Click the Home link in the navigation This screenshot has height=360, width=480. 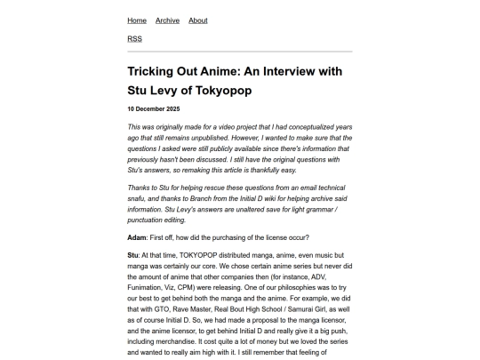point(137,20)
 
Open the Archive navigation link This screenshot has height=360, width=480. point(167,20)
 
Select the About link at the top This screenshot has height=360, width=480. point(198,20)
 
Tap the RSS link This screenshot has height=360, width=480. point(134,39)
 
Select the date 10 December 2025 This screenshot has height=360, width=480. point(154,108)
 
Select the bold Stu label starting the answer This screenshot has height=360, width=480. point(133,255)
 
